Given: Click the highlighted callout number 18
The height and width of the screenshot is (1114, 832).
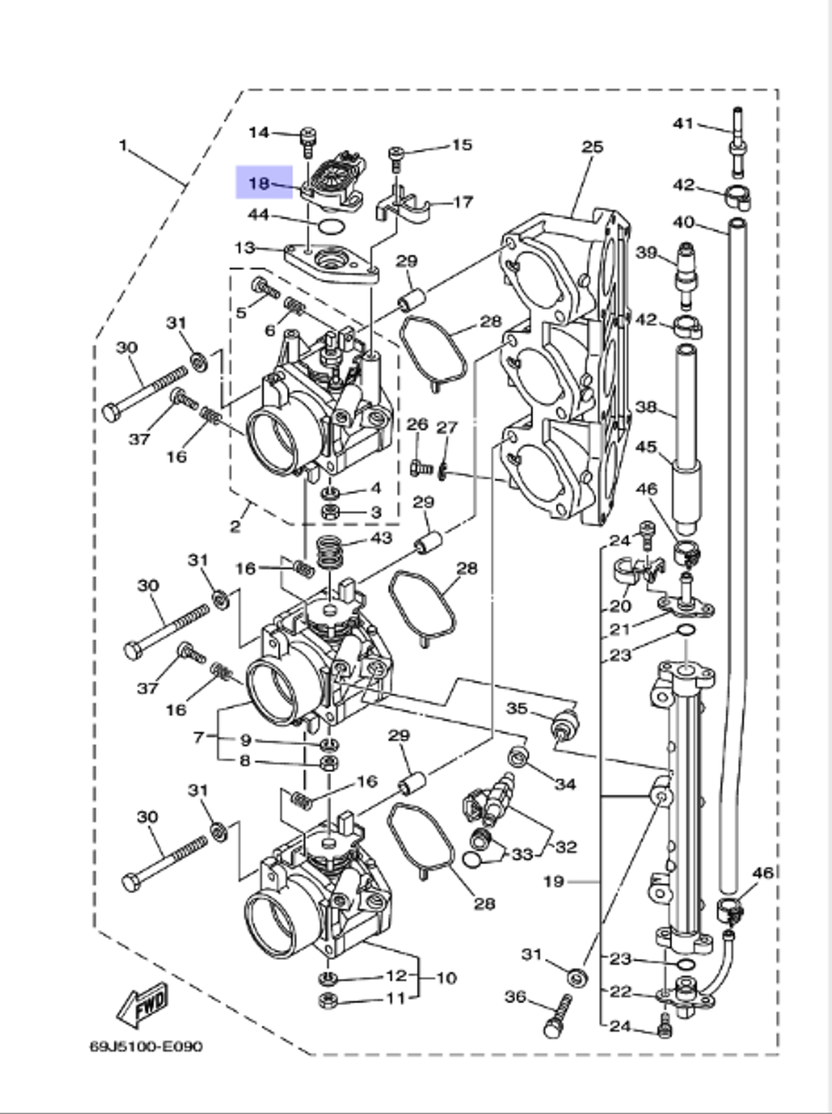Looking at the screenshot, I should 260,183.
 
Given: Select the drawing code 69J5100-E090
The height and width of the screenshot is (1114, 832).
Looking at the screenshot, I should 146,1046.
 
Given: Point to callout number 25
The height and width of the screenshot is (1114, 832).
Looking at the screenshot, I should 592,147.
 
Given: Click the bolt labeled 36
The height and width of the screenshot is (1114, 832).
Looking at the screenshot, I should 557,1017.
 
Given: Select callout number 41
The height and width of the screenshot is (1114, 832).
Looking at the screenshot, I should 683,124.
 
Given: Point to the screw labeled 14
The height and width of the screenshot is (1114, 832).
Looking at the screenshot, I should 308,138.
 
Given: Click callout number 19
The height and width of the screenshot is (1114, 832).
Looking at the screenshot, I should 554,881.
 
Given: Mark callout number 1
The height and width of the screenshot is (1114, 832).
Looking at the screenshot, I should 122,146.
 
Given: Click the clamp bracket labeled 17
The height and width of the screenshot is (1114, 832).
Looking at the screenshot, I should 404,206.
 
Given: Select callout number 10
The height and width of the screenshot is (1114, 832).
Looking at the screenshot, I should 447,977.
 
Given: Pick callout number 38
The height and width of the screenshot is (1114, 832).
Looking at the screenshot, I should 646,407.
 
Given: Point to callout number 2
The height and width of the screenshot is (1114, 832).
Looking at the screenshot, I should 235,526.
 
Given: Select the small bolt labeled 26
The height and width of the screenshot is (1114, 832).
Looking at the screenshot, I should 420,469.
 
